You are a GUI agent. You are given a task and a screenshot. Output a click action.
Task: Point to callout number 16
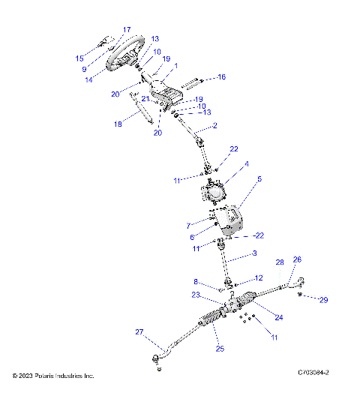click(x=221, y=76)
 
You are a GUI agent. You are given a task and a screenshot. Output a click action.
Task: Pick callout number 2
click(x=215, y=126)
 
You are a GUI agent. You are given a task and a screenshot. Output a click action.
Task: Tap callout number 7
click(x=188, y=225)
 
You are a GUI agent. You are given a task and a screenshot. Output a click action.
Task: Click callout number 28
click(x=280, y=262)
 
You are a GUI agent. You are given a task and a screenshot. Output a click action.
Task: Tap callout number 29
click(x=325, y=300)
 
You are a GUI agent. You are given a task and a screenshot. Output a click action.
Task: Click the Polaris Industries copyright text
click(x=53, y=375)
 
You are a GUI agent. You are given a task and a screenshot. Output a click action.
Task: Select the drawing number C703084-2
click(x=313, y=371)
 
